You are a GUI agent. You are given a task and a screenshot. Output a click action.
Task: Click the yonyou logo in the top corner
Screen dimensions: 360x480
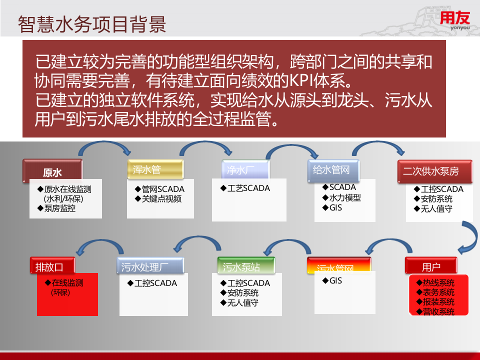[455, 21]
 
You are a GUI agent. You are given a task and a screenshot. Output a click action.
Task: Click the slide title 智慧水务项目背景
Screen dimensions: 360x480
[92, 23]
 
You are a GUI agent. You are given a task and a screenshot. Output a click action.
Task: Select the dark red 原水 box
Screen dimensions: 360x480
[52, 171]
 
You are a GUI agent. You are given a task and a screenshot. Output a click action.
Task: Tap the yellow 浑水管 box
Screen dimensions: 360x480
[155, 170]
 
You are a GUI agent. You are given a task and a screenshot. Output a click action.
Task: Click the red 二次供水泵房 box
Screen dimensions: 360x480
[434, 171]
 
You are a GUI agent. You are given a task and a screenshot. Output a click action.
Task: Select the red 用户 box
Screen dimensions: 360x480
[431, 267]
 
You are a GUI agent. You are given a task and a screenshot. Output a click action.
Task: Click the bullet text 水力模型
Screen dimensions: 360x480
[345, 197]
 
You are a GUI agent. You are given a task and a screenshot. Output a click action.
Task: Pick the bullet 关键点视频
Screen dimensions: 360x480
[161, 199]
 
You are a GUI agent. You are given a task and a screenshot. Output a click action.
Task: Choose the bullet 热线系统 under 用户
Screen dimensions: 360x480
[438, 283]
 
